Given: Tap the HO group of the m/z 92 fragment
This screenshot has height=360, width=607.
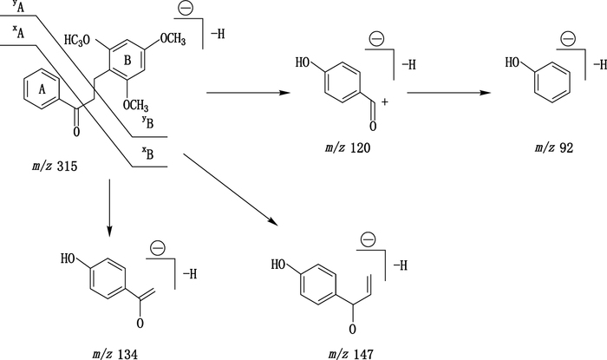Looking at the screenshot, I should [514, 62].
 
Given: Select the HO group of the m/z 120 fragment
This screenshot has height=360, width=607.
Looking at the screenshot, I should [304, 62].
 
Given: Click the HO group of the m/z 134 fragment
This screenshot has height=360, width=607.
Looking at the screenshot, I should [73, 258].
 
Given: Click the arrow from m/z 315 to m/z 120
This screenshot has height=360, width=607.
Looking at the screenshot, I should [248, 90].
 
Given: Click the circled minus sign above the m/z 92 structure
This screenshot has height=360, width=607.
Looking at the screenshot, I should [568, 38].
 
